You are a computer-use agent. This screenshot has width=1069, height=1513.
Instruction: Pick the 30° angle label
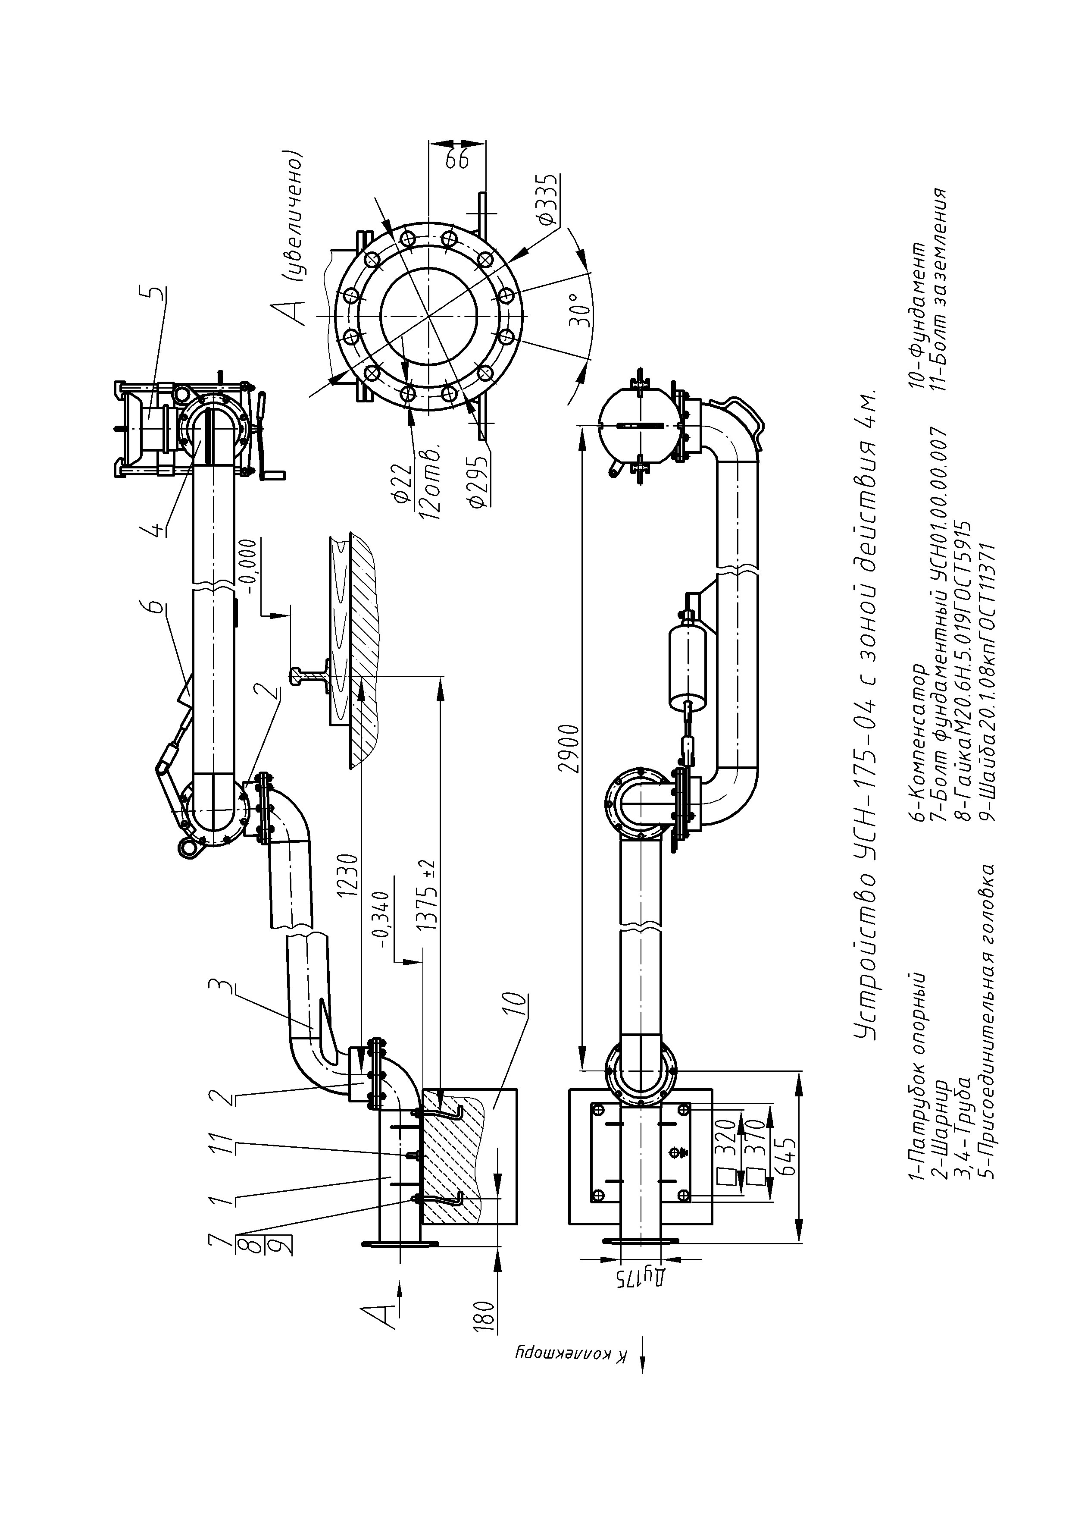tap(577, 311)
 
